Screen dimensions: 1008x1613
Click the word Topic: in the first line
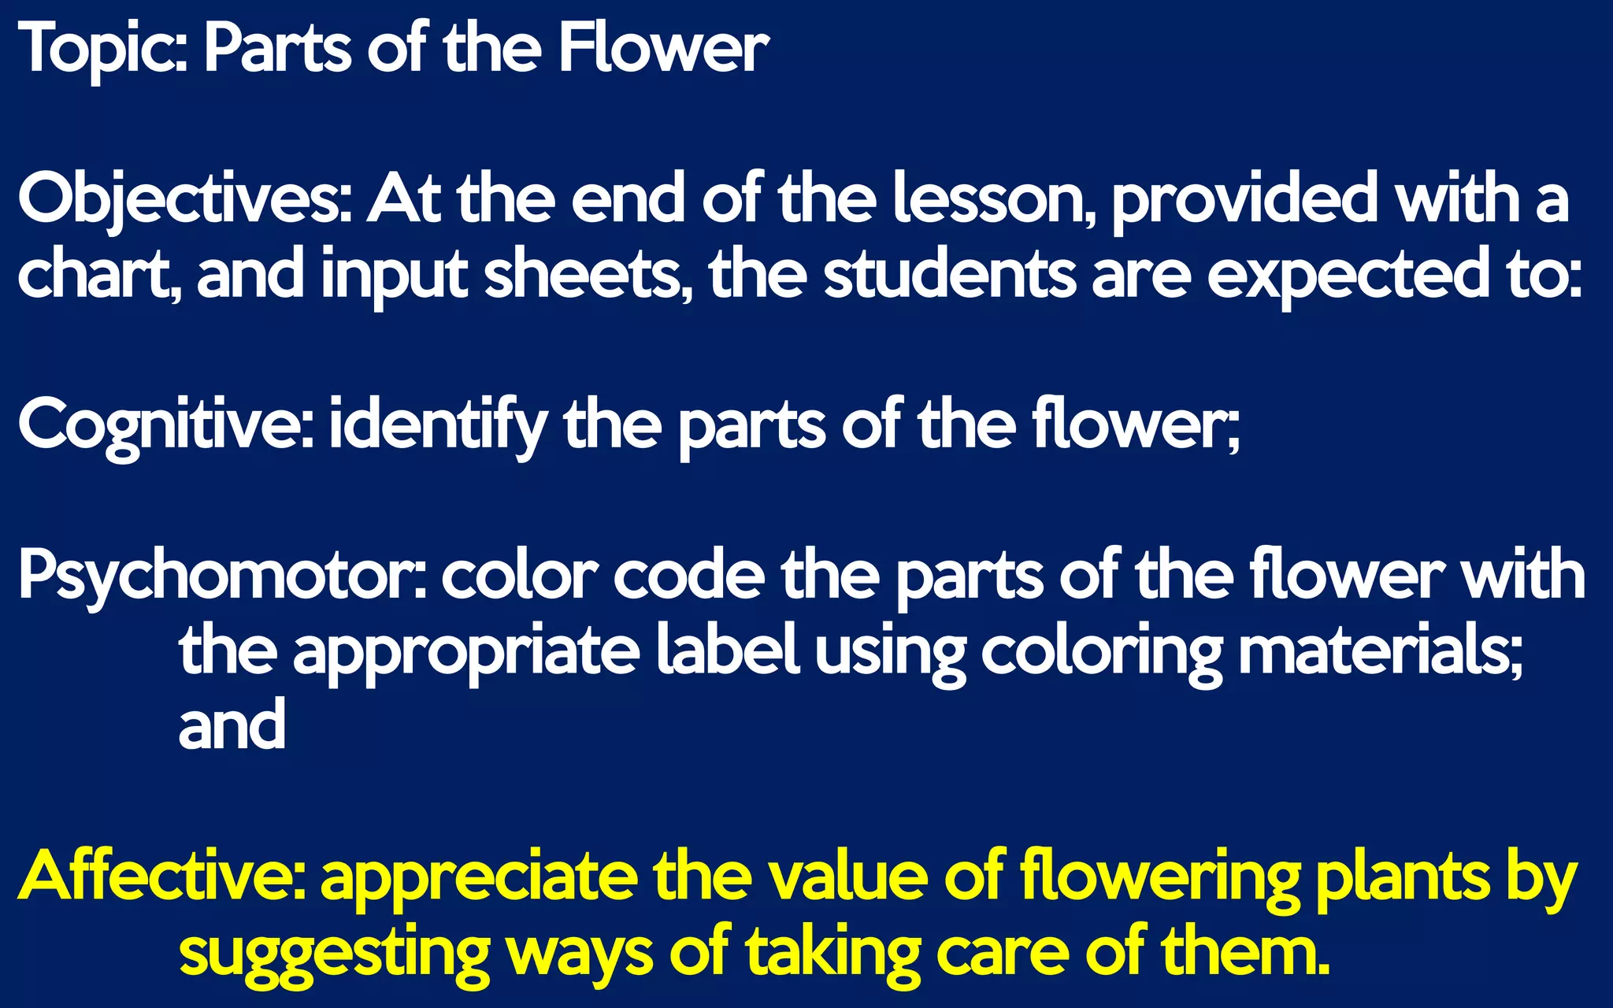point(102,50)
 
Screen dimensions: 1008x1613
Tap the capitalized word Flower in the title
point(663,50)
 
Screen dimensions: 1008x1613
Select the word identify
point(437,426)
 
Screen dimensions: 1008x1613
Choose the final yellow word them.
point(1244,954)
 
